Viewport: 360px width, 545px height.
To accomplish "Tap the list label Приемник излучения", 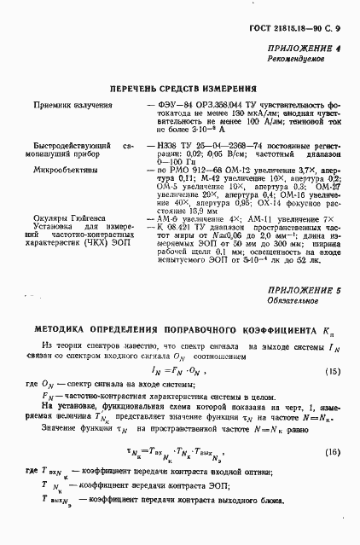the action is pyautogui.click(x=68, y=105).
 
